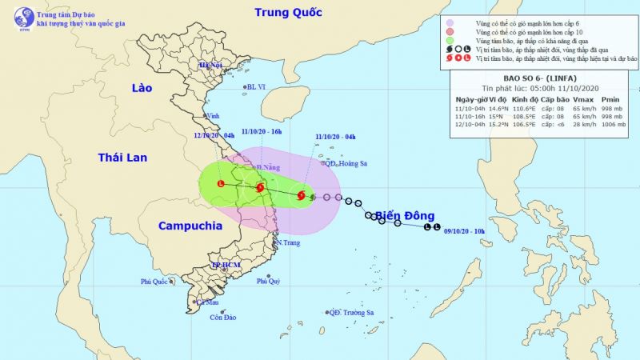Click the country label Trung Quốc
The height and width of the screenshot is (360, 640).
[287, 12]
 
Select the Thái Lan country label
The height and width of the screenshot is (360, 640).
[122, 158]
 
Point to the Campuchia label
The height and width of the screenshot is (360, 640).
[190, 226]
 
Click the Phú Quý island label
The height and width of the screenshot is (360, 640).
[268, 282]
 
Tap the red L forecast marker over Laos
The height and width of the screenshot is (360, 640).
[221, 184]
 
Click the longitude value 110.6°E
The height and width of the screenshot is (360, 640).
[519, 106]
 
